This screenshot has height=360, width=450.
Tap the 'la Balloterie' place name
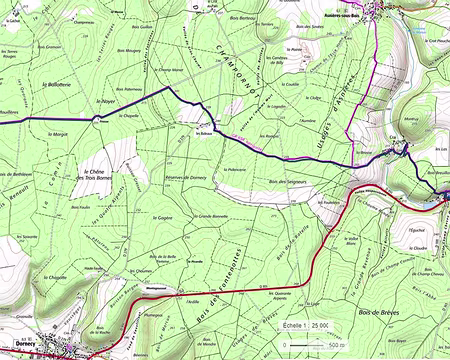point(58,85)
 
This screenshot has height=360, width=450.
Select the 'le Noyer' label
point(105,101)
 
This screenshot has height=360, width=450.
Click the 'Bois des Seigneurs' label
point(287,181)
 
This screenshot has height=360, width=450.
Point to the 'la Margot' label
point(60,134)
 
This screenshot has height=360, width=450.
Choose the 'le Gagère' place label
point(166,217)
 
